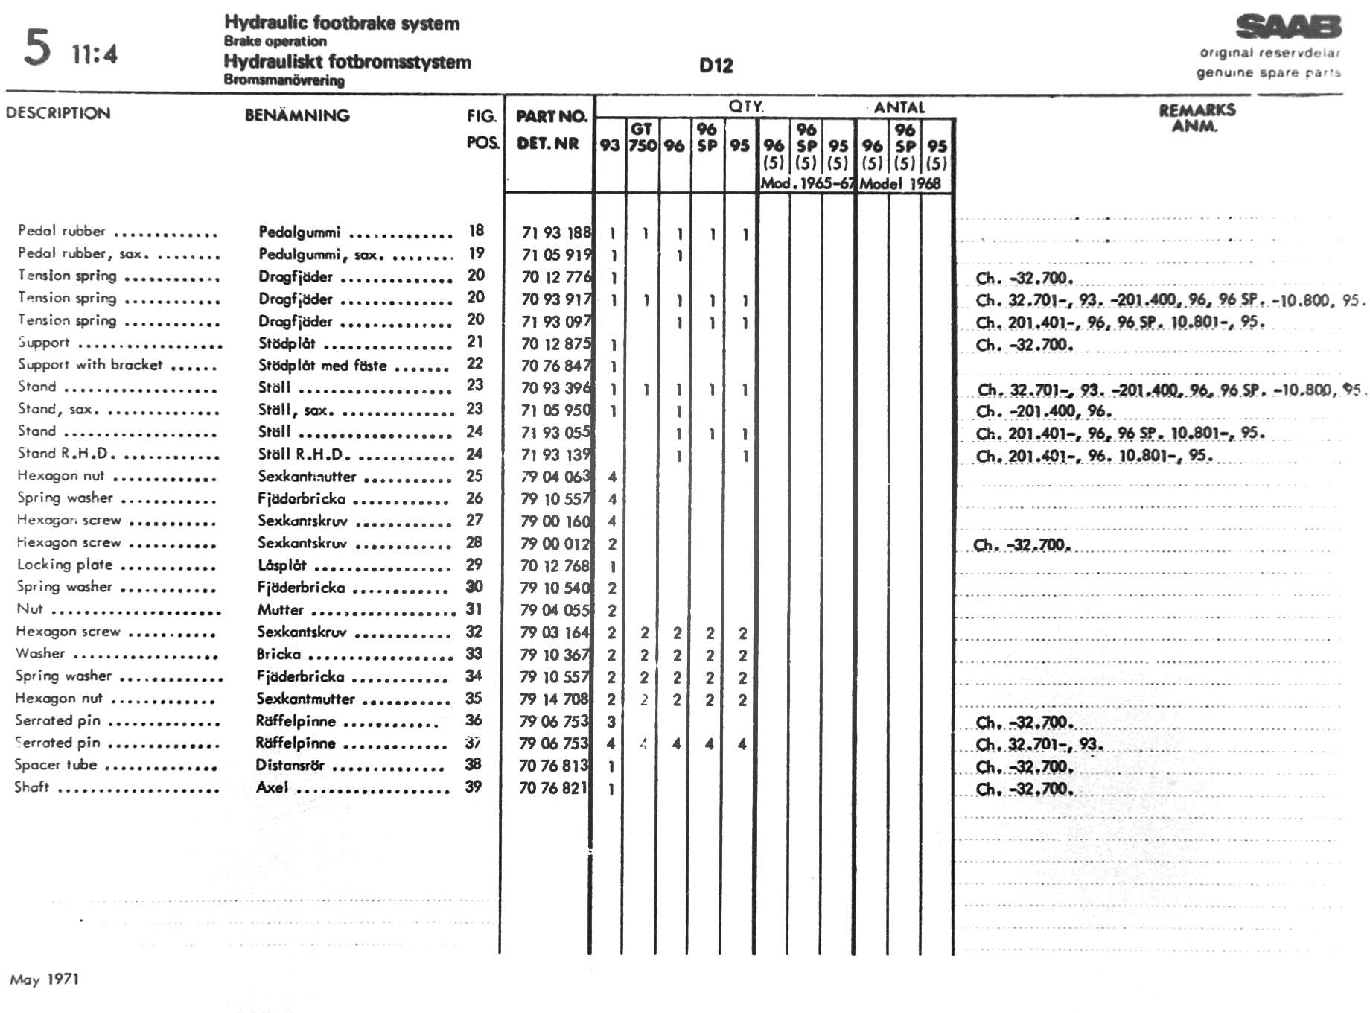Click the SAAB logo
tap(1288, 28)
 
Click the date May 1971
tap(45, 979)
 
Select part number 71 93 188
tap(555, 233)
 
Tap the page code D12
tap(716, 66)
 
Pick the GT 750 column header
tap(642, 137)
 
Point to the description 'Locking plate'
tap(65, 565)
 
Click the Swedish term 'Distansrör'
tap(290, 765)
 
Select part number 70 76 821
tap(553, 787)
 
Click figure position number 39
tap(474, 787)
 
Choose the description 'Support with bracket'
tap(89, 364)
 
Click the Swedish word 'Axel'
tap(272, 787)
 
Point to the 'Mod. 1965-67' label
tap(806, 183)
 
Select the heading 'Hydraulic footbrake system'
tap(342, 23)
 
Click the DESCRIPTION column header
tap(58, 113)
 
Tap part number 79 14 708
tap(555, 699)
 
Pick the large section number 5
tap(37, 47)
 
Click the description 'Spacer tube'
tap(56, 765)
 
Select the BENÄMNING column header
tap(297, 115)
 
